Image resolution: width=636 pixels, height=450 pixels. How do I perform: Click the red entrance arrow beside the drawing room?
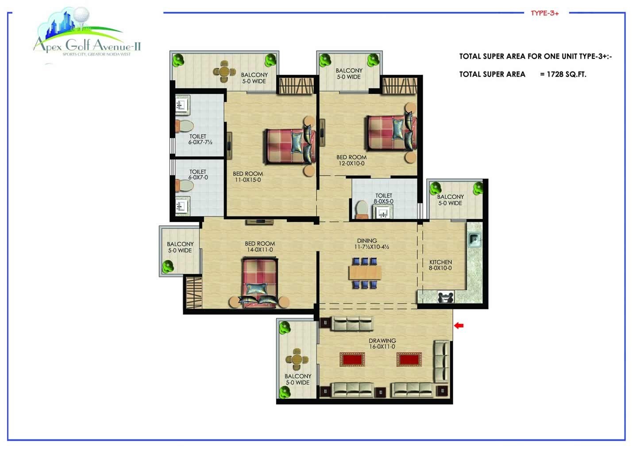[x=459, y=326]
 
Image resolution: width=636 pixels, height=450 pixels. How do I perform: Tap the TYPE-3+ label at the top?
[x=544, y=13]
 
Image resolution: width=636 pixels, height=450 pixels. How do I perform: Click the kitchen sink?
[x=474, y=239]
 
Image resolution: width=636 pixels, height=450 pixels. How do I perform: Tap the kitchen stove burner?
[x=446, y=297]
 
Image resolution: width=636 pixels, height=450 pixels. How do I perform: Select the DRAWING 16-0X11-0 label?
[x=382, y=344]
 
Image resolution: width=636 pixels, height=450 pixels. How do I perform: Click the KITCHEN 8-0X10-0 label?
[x=440, y=265]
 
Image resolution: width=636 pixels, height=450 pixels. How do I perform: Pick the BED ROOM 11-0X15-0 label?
[x=247, y=177]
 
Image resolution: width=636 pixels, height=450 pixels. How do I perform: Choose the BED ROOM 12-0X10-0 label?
[x=351, y=160]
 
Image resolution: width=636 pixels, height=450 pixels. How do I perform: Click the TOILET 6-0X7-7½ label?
[x=200, y=139]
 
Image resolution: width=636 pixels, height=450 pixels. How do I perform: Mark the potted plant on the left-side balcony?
[x=168, y=266]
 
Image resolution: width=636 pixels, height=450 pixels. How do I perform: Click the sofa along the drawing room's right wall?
[x=441, y=361]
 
